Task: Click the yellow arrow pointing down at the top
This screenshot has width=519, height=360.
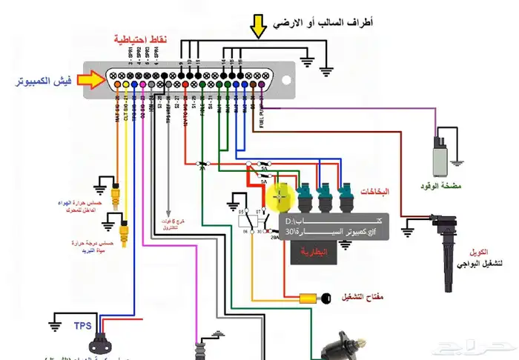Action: coord(258,26)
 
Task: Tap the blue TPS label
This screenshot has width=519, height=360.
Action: coord(82,324)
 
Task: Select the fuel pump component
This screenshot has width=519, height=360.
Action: coord(440,158)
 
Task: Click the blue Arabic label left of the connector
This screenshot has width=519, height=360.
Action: coord(44,79)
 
